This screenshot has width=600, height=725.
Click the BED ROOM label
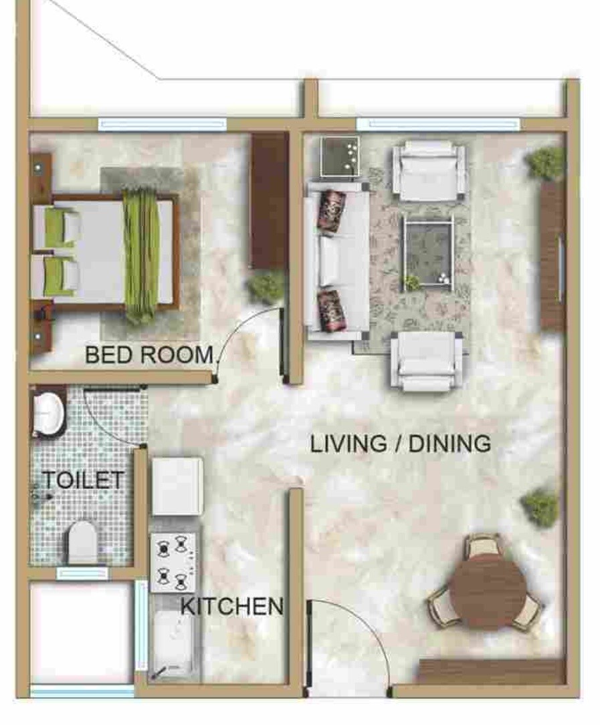[x=148, y=354]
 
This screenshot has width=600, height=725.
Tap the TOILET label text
[x=84, y=480]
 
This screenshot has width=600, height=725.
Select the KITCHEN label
[x=232, y=606]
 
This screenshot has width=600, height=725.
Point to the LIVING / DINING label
[x=401, y=444]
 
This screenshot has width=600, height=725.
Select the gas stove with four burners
[x=173, y=562]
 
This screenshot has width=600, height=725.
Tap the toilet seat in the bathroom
[x=83, y=542]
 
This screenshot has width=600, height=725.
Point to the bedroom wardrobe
[x=269, y=200]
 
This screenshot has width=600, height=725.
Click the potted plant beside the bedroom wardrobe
[x=268, y=286]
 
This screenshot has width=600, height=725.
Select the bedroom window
[x=162, y=124]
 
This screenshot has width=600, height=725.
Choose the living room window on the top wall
[x=438, y=124]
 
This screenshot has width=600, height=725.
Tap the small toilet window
[x=82, y=573]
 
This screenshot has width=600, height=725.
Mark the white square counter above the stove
[x=177, y=486]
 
